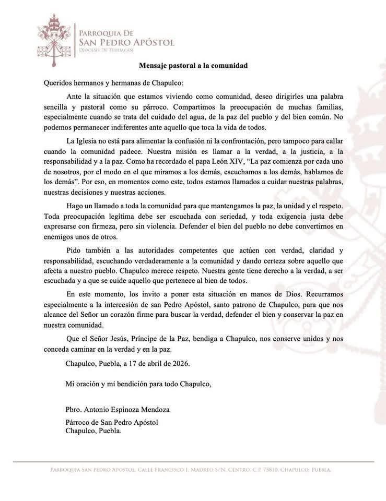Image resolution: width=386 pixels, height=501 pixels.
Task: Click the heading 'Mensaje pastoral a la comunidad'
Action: point(193,66)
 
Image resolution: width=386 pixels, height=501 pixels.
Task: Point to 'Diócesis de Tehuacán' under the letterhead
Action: point(106,50)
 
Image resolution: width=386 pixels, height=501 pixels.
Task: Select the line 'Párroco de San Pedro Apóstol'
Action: point(112,423)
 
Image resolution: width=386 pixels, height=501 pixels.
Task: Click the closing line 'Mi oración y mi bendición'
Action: point(138,384)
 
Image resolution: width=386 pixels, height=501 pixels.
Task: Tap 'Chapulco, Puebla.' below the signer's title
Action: point(93,431)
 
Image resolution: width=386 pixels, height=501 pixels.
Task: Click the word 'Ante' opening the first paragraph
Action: point(75,97)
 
